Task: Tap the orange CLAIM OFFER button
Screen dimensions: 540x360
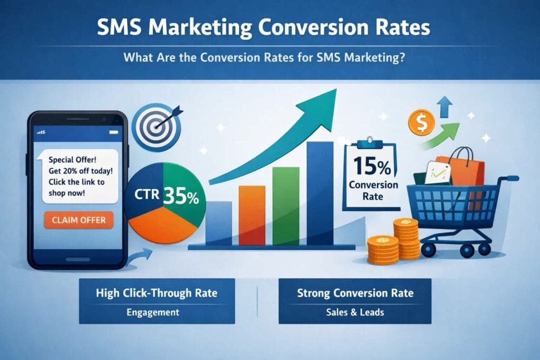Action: point(79,220)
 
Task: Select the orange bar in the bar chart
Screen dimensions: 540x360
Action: point(252,216)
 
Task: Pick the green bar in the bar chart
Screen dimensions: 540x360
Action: point(286,206)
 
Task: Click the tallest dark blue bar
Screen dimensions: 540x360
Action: point(320,193)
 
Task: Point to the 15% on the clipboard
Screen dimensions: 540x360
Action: point(372,166)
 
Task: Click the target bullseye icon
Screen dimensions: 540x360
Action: point(156,128)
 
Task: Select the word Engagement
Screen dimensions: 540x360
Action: point(153,312)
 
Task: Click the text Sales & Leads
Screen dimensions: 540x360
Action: point(355,312)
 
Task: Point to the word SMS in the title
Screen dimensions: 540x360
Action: point(119,27)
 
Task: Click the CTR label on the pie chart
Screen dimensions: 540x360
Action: point(147,194)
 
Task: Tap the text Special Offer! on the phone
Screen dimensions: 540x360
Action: point(72,160)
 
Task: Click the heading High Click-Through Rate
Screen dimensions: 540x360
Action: point(157,293)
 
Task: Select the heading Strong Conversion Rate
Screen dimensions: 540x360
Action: point(355,293)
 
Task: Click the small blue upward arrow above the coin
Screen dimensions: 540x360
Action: point(445,106)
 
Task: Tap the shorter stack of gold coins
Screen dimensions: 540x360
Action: point(383,249)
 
